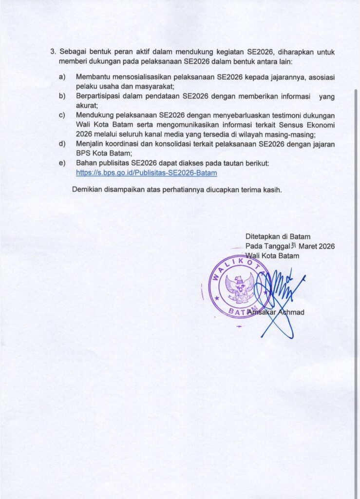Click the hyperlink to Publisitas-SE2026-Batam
[147, 173]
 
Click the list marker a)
[62, 77]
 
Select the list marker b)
[62, 96]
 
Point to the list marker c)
[62, 115]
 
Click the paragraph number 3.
[53, 52]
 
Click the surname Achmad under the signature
[289, 312]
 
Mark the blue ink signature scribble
[278, 297]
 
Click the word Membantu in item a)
[93, 77]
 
